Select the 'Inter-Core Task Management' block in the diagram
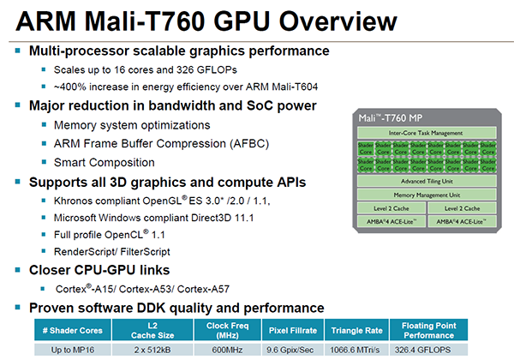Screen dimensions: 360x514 (426, 133)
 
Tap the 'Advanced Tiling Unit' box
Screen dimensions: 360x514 (426, 181)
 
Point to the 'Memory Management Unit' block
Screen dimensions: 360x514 (426, 195)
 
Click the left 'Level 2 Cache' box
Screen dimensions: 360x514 (391, 208)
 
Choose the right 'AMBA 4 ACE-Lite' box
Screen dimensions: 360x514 (462, 222)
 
